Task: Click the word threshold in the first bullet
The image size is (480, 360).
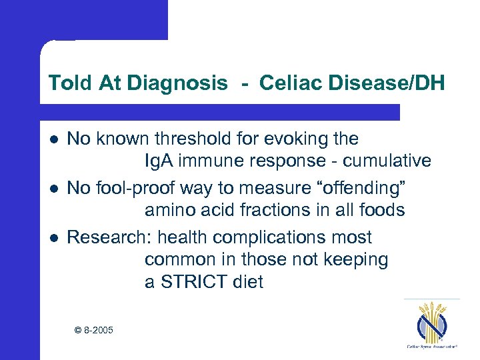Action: click(190, 139)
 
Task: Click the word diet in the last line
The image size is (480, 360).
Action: click(248, 282)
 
